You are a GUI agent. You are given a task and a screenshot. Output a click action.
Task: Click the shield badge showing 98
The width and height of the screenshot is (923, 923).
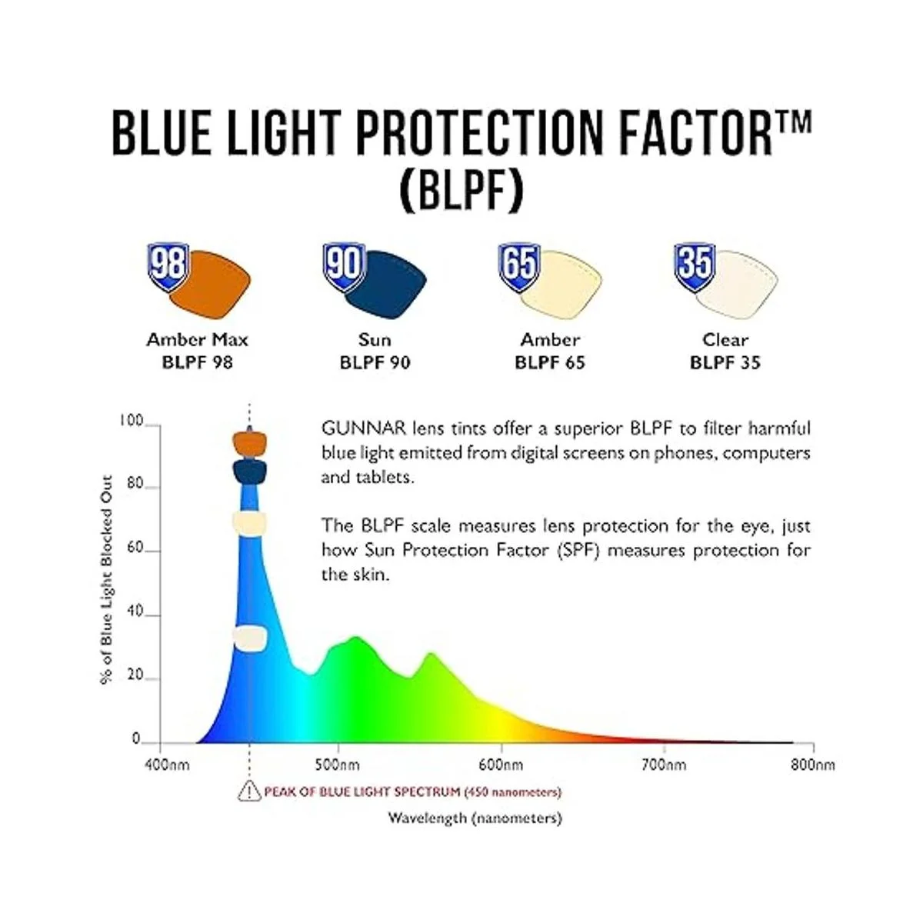pyautogui.click(x=168, y=267)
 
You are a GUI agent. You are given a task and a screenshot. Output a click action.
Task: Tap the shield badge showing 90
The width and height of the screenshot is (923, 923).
pyautogui.click(x=344, y=267)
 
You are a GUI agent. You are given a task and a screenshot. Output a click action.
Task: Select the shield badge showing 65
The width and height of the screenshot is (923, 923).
pyautogui.click(x=519, y=267)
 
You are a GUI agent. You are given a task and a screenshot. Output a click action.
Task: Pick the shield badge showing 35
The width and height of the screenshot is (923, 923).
pyautogui.click(x=695, y=267)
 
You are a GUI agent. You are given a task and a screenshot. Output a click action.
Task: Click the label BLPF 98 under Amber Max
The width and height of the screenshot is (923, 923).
pyautogui.click(x=198, y=362)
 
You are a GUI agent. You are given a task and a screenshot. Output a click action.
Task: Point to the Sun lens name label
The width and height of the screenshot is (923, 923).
pyautogui.click(x=375, y=340)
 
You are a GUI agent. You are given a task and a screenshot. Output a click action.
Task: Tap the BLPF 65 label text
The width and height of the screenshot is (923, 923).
pyautogui.click(x=550, y=362)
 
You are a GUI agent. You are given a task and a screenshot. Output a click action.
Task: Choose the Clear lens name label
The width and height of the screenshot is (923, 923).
pyautogui.click(x=725, y=340)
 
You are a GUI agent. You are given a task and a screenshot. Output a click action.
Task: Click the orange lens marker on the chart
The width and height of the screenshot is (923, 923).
pyautogui.click(x=249, y=444)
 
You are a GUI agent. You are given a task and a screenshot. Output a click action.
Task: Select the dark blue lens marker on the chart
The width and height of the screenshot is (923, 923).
pyautogui.click(x=249, y=471)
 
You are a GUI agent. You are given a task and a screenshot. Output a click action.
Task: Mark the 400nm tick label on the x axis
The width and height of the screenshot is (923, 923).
pyautogui.click(x=167, y=765)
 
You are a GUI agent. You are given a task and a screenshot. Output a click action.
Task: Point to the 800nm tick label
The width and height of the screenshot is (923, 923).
pyautogui.click(x=812, y=765)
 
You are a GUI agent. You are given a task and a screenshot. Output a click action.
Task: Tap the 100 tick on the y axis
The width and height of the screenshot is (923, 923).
pyautogui.click(x=132, y=421)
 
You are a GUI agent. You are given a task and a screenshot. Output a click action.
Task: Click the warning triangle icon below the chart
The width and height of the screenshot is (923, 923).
pyautogui.click(x=249, y=791)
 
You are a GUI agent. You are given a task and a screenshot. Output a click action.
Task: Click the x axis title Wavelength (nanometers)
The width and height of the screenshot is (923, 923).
pyautogui.click(x=475, y=818)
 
